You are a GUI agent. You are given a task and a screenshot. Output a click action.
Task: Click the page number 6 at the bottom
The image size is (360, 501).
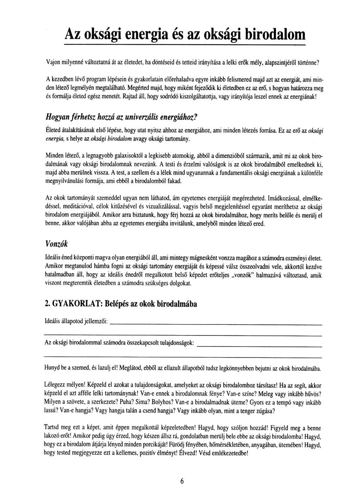[x=182, y=482]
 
